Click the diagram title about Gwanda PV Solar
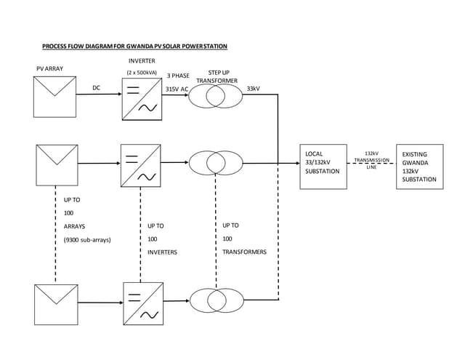[x=134, y=46]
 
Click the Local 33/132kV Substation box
[x=325, y=167]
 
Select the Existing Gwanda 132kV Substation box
[x=418, y=167]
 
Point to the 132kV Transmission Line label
[x=371, y=160]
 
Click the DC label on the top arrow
[x=96, y=88]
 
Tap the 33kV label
[x=254, y=88]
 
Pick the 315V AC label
[x=177, y=89]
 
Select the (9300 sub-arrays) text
[x=87, y=239]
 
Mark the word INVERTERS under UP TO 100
[x=163, y=252]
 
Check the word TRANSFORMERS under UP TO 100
[x=244, y=252]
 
